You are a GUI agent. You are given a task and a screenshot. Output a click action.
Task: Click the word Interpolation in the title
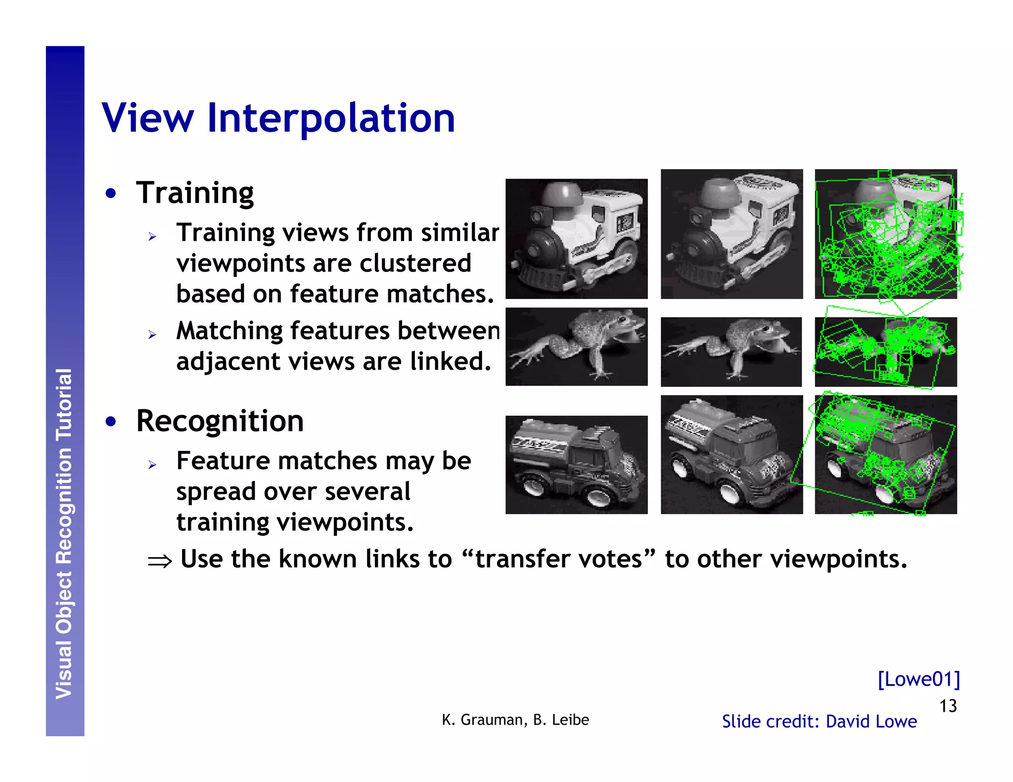pyautogui.click(x=330, y=118)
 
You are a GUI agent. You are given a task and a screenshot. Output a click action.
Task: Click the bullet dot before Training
pyautogui.click(x=111, y=193)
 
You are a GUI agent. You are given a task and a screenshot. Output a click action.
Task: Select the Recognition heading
pyautogui.click(x=220, y=421)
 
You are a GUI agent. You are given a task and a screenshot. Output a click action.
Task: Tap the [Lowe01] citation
pyautogui.click(x=919, y=679)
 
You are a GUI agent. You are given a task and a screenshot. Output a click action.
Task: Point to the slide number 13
pyautogui.click(x=948, y=706)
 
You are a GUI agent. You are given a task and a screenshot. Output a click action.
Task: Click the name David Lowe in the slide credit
pyautogui.click(x=871, y=721)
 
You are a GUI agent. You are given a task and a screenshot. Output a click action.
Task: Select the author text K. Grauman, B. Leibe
pyautogui.click(x=515, y=720)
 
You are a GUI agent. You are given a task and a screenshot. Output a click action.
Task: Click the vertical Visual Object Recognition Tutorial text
pyautogui.click(x=64, y=534)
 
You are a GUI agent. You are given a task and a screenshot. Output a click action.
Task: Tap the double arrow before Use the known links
pyautogui.click(x=160, y=561)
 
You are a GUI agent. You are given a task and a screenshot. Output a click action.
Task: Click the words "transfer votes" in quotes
pyautogui.click(x=558, y=559)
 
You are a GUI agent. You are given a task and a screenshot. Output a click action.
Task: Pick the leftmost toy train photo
pyautogui.click(x=576, y=239)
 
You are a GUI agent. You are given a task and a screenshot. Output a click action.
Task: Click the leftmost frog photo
pyautogui.click(x=576, y=347)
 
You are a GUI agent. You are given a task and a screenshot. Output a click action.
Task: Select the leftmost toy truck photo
pyautogui.click(x=576, y=465)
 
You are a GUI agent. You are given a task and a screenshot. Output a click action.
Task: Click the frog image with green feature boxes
pyautogui.click(x=885, y=351)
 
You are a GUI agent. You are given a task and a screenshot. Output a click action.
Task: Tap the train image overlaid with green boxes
pyautogui.click(x=885, y=234)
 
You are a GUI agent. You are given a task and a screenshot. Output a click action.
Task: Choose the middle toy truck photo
pyautogui.click(x=732, y=454)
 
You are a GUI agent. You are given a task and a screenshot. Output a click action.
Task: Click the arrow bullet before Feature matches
pyautogui.click(x=152, y=465)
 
